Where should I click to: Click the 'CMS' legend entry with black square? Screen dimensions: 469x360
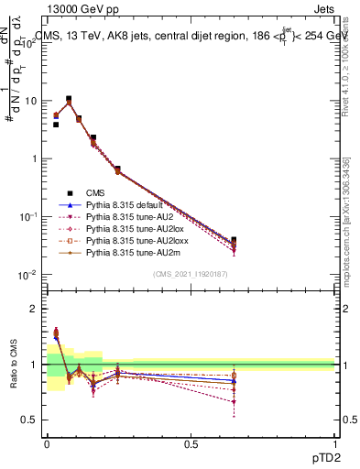click(95, 192)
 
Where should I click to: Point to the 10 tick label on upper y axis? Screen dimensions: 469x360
click(30, 101)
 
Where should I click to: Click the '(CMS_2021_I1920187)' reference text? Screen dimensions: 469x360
click(191, 274)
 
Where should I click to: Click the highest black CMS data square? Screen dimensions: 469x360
click(69, 99)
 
